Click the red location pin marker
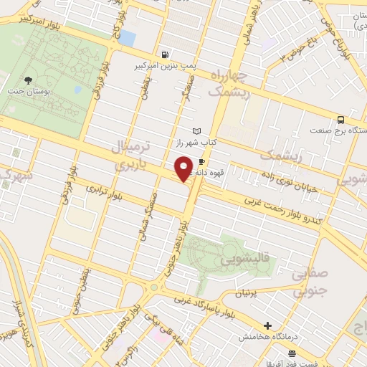184,168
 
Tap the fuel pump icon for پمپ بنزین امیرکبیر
166,54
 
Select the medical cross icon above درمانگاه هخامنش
268,325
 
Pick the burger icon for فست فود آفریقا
292,353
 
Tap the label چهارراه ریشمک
229,84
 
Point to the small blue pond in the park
77,91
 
